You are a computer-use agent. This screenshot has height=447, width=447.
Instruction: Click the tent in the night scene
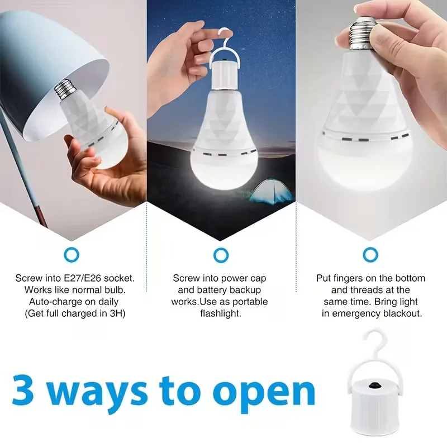(271, 191)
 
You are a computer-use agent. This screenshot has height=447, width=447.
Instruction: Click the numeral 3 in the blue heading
(23, 389)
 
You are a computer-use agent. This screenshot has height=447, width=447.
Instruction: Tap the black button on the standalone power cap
(374, 386)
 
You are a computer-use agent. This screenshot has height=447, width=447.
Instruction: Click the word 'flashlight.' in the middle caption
(221, 313)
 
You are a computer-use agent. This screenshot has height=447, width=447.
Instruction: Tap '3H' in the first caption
(116, 313)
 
